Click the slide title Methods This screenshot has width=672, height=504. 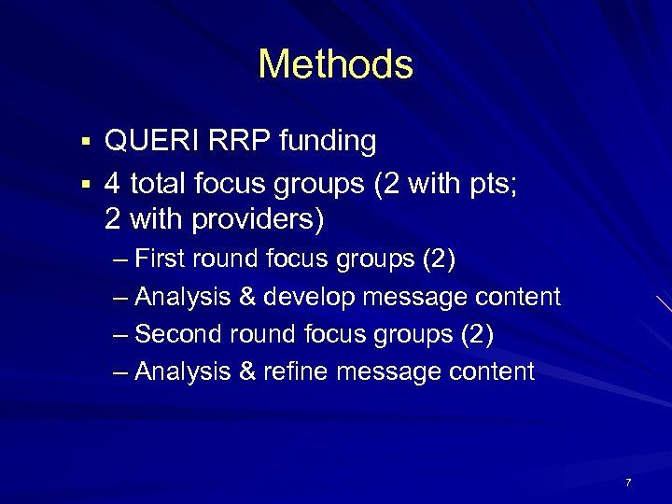[335, 64]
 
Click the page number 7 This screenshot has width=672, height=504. [628, 483]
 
